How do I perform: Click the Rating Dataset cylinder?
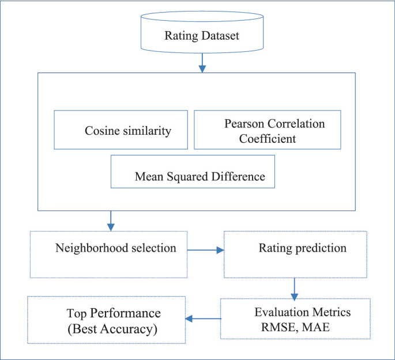click(202, 36)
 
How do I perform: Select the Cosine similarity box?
click(121, 130)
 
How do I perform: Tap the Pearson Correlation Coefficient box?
click(267, 130)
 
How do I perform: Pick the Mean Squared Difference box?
click(193, 171)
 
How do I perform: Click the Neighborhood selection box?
click(109, 254)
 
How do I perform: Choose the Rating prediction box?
click(295, 254)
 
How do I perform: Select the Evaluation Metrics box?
click(295, 319)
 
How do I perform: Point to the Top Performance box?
click(106, 321)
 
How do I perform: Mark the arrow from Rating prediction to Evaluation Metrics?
click(295, 288)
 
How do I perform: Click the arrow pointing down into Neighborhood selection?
click(111, 219)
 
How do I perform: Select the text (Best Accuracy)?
click(112, 329)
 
